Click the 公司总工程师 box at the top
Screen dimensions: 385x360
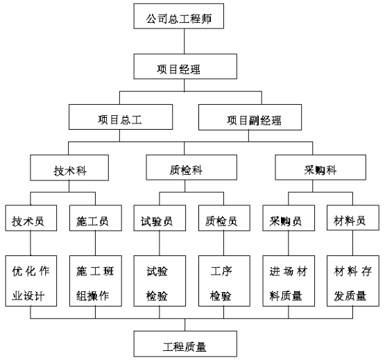(179, 16)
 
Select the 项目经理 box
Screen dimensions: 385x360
(185, 67)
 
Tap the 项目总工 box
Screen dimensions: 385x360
(121, 117)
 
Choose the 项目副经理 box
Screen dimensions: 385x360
(250, 117)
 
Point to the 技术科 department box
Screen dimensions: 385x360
(69, 168)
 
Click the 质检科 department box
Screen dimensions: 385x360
(191, 167)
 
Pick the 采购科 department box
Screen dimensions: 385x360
(320, 167)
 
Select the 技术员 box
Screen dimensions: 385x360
(31, 218)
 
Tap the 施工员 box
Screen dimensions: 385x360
(96, 218)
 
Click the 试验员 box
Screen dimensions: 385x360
(160, 218)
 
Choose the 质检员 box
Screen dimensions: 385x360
(224, 218)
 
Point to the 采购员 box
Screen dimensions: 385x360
(289, 218)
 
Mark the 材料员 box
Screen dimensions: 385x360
(353, 218)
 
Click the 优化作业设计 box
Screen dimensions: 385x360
(31, 281)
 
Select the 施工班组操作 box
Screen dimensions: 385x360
(96, 281)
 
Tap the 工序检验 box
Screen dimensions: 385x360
(224, 281)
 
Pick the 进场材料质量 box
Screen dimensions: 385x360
(289, 281)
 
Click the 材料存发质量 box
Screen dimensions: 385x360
(353, 281)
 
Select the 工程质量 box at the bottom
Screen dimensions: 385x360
(185, 344)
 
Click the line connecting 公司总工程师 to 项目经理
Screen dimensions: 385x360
(185, 41)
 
